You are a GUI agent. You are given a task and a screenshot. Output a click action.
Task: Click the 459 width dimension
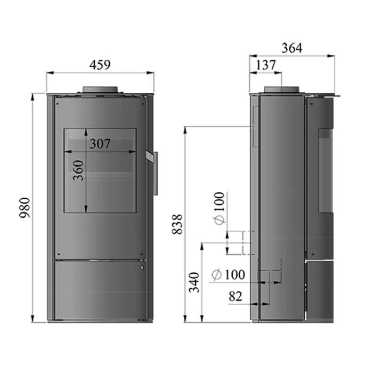pos(100,64)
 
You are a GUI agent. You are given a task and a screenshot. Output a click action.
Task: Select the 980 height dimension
pos(25,207)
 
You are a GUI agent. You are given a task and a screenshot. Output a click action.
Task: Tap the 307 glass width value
pos(100,144)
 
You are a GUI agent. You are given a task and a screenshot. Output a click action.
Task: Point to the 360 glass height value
pos(78,171)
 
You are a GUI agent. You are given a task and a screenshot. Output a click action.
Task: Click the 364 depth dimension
pos(292,48)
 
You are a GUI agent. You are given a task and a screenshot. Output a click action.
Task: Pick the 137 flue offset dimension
pos(265,65)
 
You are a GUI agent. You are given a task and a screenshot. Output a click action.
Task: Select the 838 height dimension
pos(177,224)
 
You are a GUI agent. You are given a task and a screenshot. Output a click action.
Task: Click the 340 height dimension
pos(194,282)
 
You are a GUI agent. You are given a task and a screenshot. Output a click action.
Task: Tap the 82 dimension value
pos(236,296)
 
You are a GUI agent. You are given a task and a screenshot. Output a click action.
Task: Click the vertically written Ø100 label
pos(220,208)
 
